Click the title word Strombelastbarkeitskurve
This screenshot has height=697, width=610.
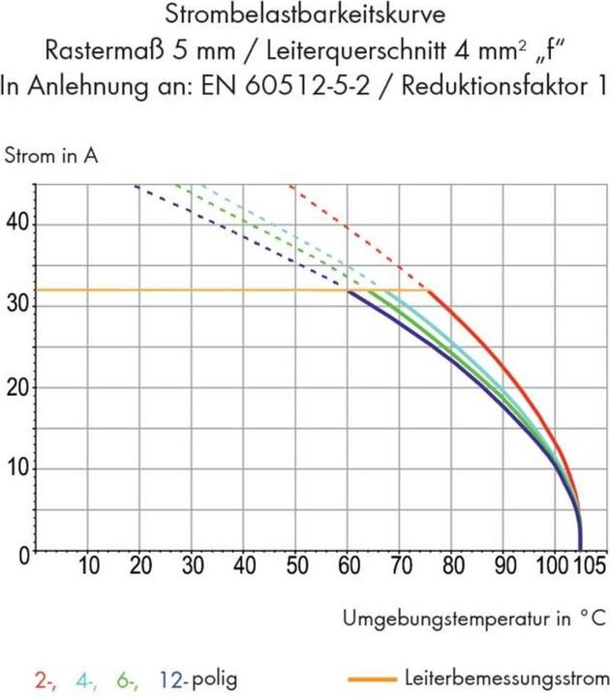click(x=304, y=15)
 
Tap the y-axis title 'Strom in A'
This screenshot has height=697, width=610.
click(x=51, y=155)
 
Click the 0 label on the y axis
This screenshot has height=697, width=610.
click(x=25, y=552)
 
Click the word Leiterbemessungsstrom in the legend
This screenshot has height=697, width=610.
click(x=507, y=679)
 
